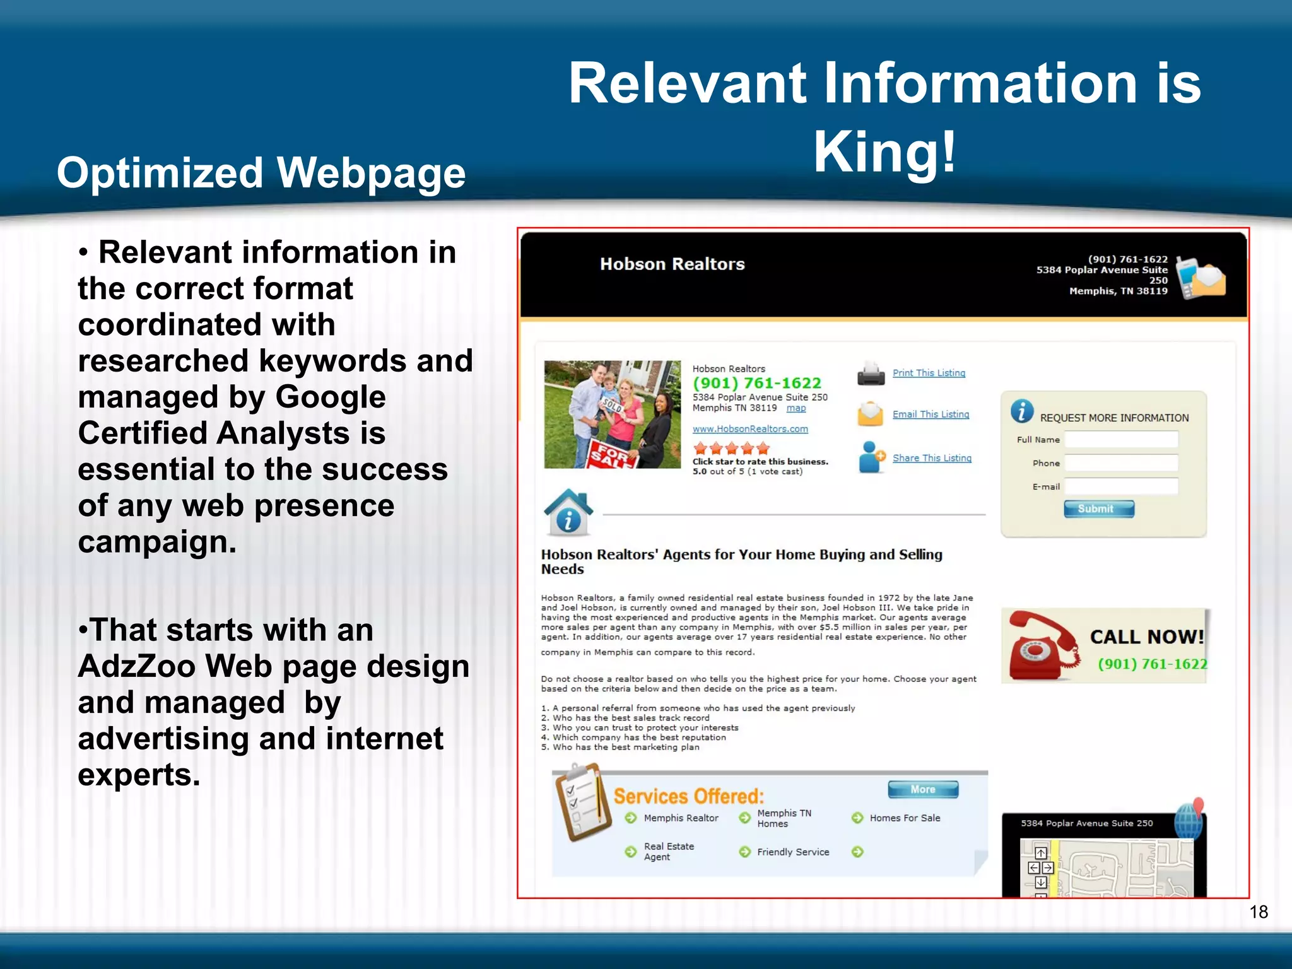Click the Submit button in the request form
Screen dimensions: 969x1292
pos(1098,509)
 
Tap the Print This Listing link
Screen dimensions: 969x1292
pos(929,373)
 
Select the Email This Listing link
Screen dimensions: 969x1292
pos(931,414)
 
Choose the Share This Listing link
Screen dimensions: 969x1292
pos(932,458)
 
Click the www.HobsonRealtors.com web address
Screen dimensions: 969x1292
pos(750,429)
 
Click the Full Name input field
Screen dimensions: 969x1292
pos(1121,440)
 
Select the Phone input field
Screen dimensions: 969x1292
pos(1121,463)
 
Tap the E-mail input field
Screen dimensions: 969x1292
pos(1121,486)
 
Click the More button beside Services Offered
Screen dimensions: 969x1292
pos(923,789)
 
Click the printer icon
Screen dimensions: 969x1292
pos(871,373)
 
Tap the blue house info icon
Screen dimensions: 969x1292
pos(568,512)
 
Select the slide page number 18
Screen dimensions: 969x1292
pos(1258,912)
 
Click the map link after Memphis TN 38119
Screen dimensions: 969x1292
pos(796,408)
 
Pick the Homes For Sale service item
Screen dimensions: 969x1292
pos(905,818)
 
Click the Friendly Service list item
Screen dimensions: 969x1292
pos(793,852)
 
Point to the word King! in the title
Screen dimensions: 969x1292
pos(885,152)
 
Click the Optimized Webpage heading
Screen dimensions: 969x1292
pos(261,173)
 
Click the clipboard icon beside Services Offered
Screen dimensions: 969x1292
pos(582,801)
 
